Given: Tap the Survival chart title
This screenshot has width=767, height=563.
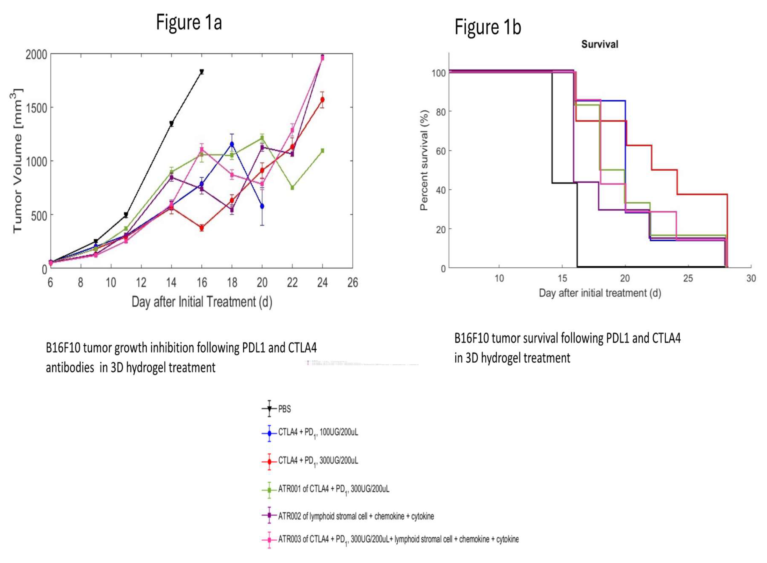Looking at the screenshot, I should click(600, 44).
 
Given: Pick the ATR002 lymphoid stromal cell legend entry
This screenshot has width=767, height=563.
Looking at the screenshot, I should click(356, 516).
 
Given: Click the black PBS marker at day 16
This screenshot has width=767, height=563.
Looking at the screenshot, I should click(202, 72).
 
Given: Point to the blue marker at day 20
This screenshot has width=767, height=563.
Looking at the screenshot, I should click(262, 206).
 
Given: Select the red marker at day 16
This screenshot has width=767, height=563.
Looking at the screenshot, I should click(202, 228).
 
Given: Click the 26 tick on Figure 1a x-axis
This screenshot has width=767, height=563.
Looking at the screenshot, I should click(352, 283).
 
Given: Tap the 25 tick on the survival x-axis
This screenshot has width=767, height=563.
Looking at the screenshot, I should click(688, 278).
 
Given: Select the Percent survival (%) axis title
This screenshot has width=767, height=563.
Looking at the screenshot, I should click(424, 160).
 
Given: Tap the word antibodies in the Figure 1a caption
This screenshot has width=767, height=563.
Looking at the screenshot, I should click(70, 368).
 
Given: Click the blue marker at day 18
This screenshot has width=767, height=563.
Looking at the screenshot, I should click(232, 144).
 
